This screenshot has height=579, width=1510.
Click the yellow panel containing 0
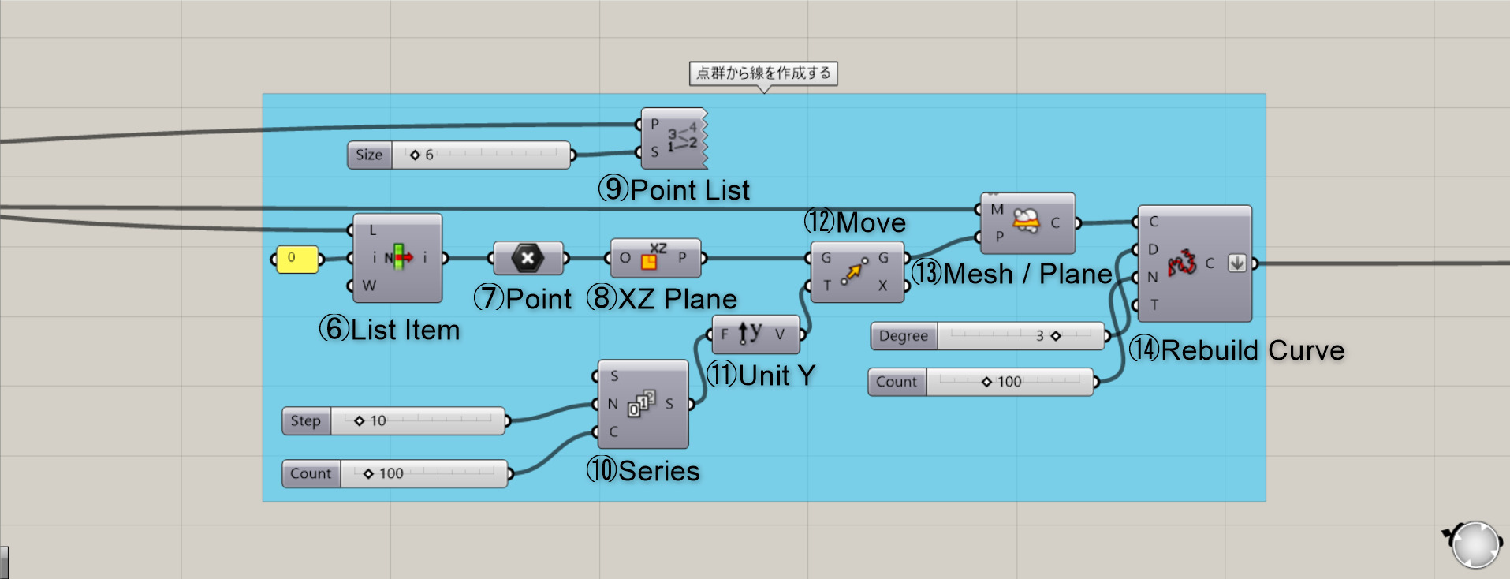pos(296,259)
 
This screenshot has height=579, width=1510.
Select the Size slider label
pos(369,155)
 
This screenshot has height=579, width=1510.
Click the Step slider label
pos(306,421)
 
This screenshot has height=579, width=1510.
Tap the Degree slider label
pos(903,336)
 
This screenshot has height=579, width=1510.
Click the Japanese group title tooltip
pos(762,73)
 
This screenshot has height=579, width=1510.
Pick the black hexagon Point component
pos(528,258)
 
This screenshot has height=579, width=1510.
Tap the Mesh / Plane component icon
pos(1026,222)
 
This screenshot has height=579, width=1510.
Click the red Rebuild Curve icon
pos(1181,263)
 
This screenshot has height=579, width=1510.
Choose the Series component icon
pos(642,404)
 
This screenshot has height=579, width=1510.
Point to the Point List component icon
pos(681,138)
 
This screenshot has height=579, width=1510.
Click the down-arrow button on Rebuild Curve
pos(1237,263)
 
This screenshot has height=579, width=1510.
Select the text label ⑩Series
pos(643,471)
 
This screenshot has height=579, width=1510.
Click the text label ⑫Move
pos(855,222)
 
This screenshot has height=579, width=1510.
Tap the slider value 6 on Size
pos(428,155)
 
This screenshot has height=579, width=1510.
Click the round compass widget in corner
pos(1475,544)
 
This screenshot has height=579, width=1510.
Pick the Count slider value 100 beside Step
pos(390,473)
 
